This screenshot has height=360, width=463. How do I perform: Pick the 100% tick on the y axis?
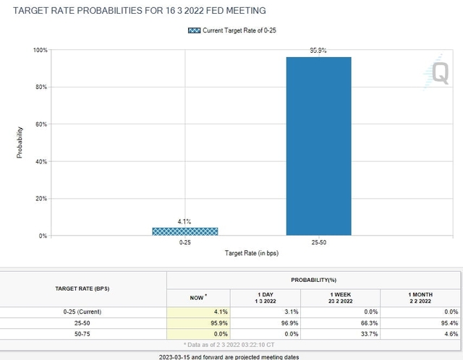click(x=38, y=50)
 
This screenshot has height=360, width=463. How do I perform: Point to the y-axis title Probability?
click(x=20, y=142)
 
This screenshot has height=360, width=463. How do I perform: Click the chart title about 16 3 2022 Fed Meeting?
click(x=135, y=10)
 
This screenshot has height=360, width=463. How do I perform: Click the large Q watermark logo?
click(x=440, y=72)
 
